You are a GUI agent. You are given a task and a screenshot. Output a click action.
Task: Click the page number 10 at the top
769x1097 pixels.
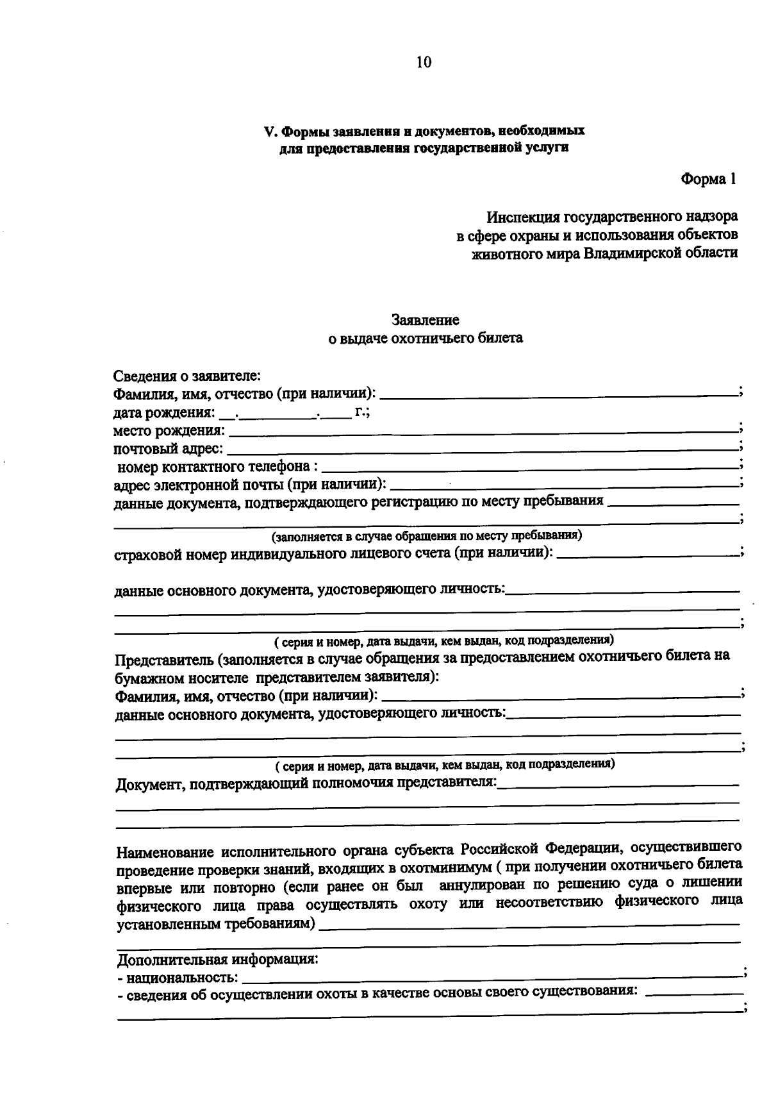[424, 62]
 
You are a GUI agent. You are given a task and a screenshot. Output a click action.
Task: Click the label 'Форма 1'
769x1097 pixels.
[708, 180]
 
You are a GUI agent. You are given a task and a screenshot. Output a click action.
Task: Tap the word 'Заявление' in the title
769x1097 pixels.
[425, 319]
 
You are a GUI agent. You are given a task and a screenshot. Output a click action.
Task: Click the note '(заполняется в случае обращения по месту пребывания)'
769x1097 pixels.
[426, 535]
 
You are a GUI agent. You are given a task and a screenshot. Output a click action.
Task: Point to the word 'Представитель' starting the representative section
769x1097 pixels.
[162, 658]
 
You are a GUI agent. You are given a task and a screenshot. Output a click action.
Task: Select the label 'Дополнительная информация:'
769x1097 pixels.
[218, 960]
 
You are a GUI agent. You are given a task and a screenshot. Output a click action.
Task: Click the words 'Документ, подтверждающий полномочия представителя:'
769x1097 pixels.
[306, 783]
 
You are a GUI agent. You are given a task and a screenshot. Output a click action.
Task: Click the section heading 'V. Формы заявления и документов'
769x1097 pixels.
[425, 131]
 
